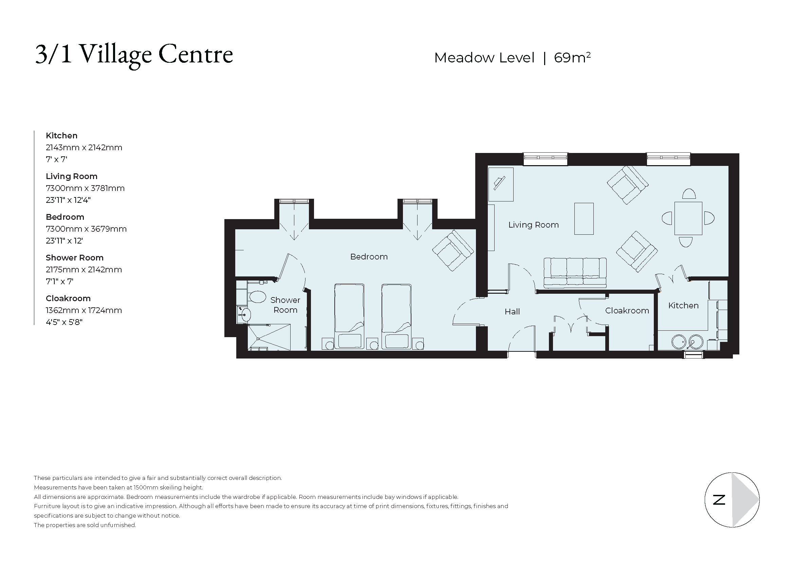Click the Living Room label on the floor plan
[x=533, y=225]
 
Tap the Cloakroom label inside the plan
[x=627, y=311]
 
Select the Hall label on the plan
[x=512, y=312]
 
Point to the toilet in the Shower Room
[x=257, y=297]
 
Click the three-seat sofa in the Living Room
[x=575, y=273]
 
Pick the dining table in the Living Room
[x=688, y=218]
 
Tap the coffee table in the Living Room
[x=584, y=219]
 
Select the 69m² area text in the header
[x=572, y=58]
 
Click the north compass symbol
[x=732, y=500]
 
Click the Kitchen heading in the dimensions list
[x=61, y=136]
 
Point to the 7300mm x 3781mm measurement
[x=85, y=188]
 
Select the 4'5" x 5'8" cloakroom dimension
[x=64, y=322]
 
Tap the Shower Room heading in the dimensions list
[x=74, y=258]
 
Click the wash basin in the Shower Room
[x=246, y=315]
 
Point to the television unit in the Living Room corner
[x=500, y=184]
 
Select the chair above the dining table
[x=688, y=194]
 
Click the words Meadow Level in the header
[x=484, y=58]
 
